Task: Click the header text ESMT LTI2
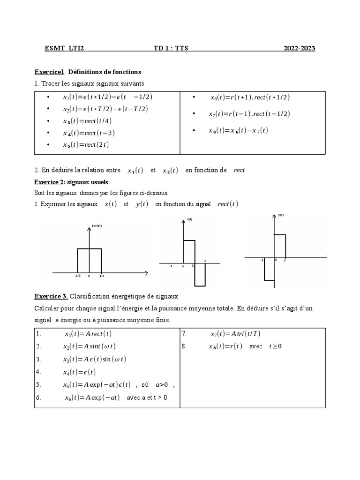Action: pos(64,48)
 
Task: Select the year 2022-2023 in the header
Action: pos(299,48)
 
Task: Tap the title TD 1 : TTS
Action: pos(171,48)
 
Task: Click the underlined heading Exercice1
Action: pos(49,72)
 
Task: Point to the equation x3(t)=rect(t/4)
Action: pos(88,121)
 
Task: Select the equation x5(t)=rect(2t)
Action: pos(86,145)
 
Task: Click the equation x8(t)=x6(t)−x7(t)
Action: pos(238,131)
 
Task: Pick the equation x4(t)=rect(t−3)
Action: pos(89,133)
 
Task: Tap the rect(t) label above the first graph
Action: pos(97,226)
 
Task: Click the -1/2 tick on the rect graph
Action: pos(77,276)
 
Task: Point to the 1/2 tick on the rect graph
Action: pos(102,276)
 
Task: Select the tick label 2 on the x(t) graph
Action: pos(205,261)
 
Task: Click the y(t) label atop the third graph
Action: pos(281,215)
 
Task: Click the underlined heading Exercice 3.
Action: pos(51,297)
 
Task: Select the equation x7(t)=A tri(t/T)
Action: pos(236,334)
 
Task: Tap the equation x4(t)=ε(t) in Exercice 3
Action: pos(80,372)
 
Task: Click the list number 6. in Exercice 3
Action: pos(38,398)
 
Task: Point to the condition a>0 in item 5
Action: pos(162,385)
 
